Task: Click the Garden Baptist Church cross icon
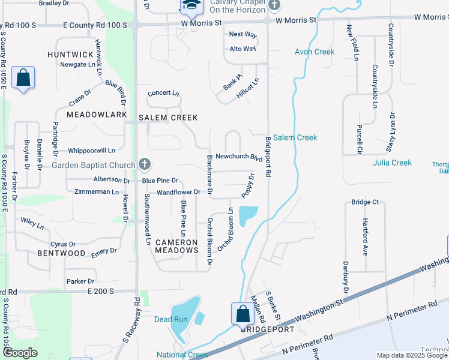(144, 164)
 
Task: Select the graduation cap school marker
(191, 6)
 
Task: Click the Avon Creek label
(315, 52)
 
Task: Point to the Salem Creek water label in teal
(295, 137)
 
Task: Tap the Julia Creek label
(392, 163)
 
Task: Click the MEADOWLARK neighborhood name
(97, 115)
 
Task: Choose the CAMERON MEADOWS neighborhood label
(176, 246)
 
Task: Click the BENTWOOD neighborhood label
(61, 253)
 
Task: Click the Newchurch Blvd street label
(239, 157)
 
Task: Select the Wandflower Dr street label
(178, 193)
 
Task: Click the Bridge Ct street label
(365, 202)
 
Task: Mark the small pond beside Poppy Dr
(249, 215)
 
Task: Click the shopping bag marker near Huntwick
(23, 77)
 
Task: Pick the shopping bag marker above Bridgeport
(242, 313)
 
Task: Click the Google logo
(20, 353)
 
